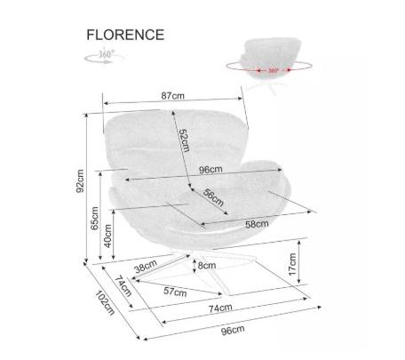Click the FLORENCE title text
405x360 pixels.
point(125,35)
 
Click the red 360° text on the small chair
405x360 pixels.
point(274,70)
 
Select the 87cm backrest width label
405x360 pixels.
point(172,96)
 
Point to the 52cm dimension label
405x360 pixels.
point(185,140)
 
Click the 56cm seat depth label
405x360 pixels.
point(213,197)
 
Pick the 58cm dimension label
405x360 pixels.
point(257,224)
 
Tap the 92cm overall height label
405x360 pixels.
point(80,181)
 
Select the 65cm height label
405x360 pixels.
point(94,218)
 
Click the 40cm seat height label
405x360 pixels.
point(108,236)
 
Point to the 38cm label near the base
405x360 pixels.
point(146,267)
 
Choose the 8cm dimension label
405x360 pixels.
point(207,265)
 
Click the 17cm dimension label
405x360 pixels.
point(292,264)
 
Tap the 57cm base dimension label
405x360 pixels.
point(175,292)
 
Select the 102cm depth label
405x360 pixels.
point(105,302)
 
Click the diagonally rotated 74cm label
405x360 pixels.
point(123,286)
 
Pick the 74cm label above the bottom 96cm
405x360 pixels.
point(220,308)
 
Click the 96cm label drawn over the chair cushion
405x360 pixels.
point(210,170)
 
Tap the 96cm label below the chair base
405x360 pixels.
point(233,330)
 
